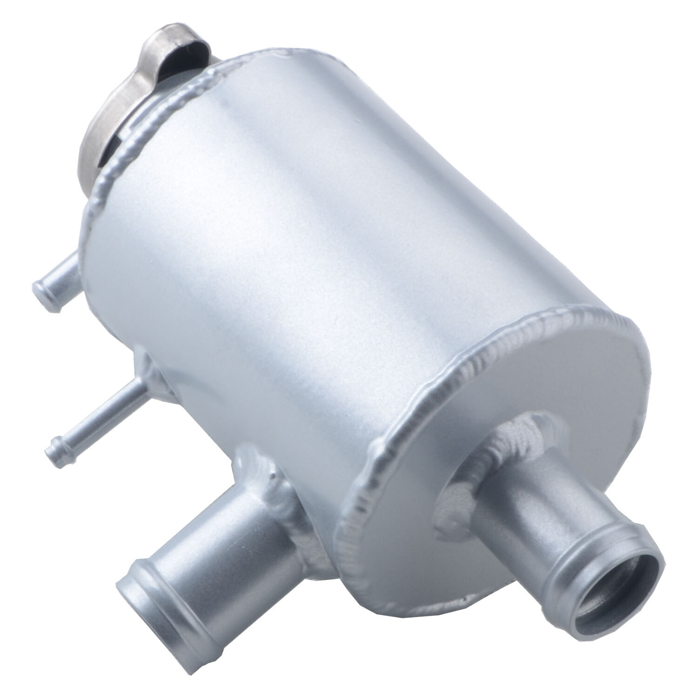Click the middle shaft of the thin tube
[x=98, y=414]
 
